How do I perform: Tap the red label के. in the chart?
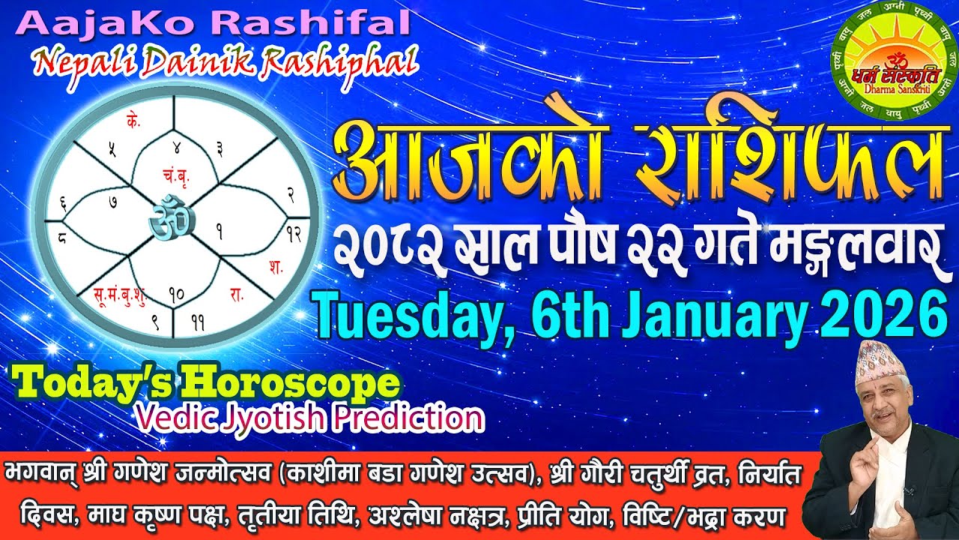135,122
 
